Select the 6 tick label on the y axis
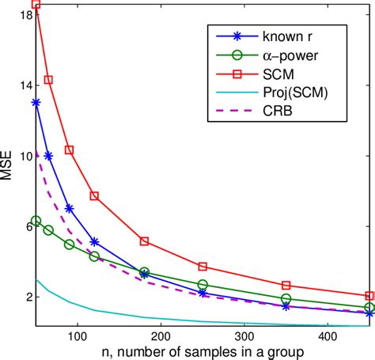tap(27, 226)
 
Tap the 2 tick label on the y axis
tap(27, 297)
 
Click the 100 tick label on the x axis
tap(78, 335)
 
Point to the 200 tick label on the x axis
tap(161, 335)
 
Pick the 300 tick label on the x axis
tap(244, 335)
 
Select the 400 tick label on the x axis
tap(328, 335)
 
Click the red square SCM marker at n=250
tap(203, 267)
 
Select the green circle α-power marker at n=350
tap(286, 299)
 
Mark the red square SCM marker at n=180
tap(144, 241)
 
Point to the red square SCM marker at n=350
tap(286, 285)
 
